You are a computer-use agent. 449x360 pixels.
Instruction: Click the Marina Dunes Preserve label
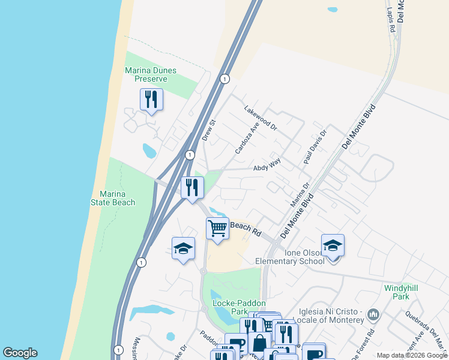point(151,74)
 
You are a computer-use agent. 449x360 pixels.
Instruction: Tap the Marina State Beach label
point(113,198)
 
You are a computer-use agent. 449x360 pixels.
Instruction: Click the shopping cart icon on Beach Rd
point(217,229)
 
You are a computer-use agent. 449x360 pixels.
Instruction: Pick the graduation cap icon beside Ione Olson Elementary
point(333,246)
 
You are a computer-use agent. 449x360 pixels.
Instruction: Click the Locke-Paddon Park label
point(231,308)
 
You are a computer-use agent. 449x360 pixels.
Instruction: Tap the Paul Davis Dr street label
point(315,148)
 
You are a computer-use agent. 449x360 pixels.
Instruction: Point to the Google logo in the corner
point(20,353)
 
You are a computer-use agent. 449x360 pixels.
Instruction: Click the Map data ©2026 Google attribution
point(412,355)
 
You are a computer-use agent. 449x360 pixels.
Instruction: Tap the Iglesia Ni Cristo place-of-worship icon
point(373,314)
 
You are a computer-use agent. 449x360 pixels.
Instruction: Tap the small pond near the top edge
point(333,10)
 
